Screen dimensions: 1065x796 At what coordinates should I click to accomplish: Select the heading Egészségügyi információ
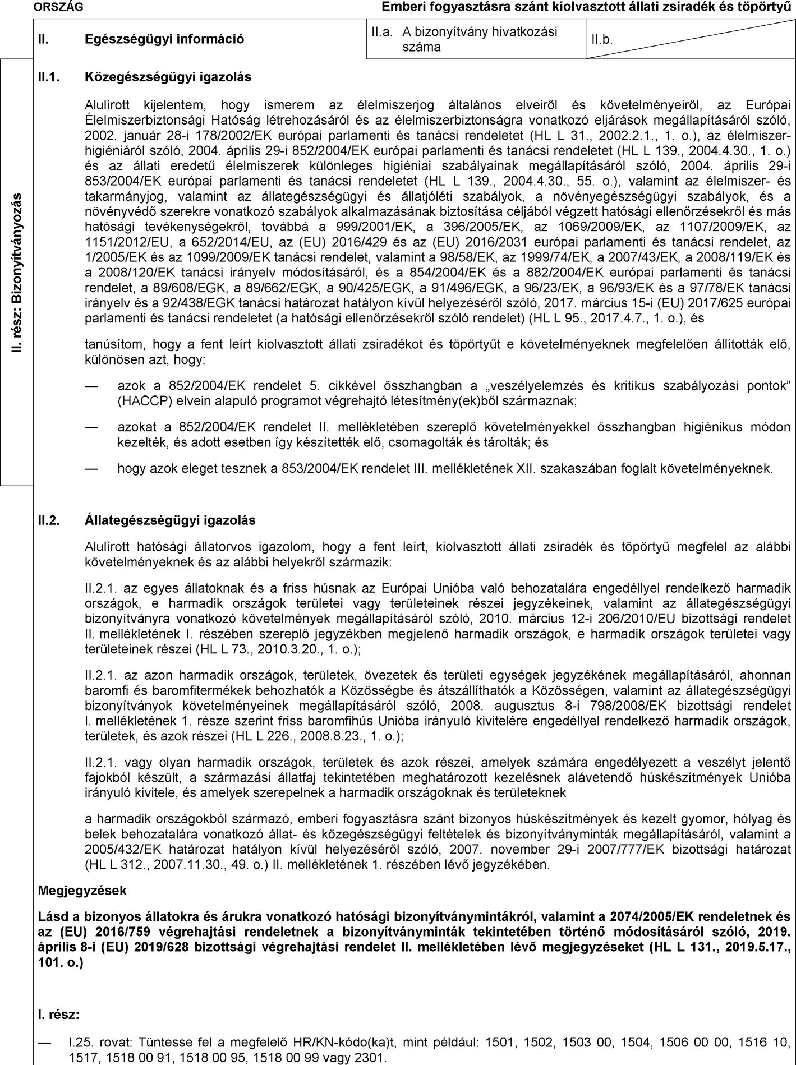tap(164, 39)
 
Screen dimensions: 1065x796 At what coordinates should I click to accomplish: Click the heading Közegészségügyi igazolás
tap(168, 77)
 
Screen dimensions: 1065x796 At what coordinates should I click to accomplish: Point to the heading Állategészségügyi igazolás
tap(169, 520)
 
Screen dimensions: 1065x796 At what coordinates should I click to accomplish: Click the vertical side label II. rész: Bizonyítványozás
tap(17, 273)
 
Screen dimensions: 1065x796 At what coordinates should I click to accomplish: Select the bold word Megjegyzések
tap(82, 890)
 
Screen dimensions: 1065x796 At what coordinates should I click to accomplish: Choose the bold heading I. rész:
tap(58, 1015)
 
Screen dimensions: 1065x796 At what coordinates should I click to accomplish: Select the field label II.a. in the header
tap(382, 33)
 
